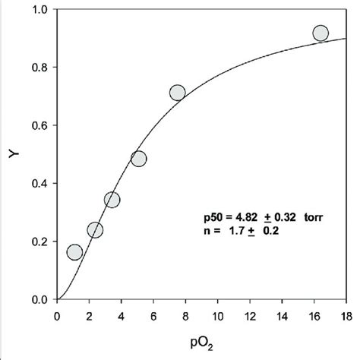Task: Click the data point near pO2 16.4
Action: [321, 33]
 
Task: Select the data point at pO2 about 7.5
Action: [178, 93]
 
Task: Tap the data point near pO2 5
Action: [138, 159]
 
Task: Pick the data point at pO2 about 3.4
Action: [112, 200]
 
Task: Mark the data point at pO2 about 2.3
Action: [95, 230]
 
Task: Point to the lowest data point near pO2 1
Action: [74, 252]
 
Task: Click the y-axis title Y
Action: [11, 156]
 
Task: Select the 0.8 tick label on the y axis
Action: [39, 68]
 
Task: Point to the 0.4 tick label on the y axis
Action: [39, 184]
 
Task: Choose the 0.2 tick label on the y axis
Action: [39, 242]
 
